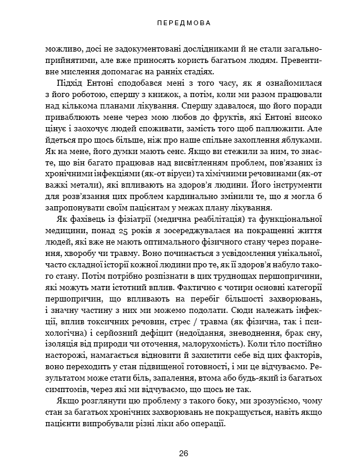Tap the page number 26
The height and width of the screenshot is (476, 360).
[x=180, y=453]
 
